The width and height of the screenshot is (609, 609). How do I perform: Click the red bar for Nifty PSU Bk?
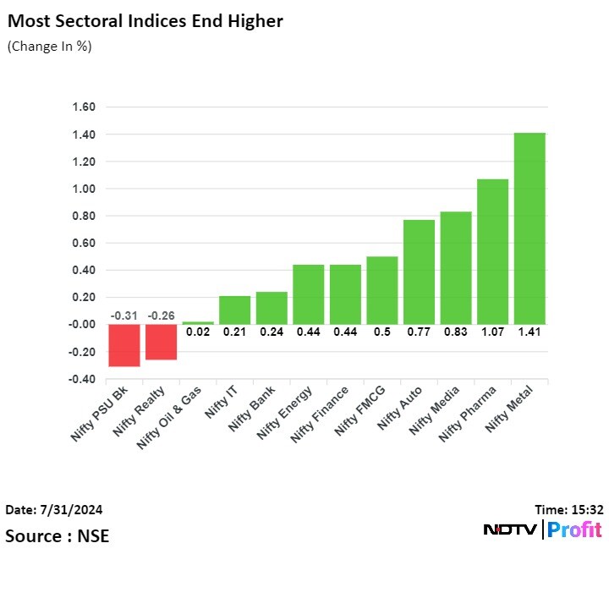[123, 345]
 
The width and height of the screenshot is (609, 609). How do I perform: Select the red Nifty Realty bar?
[161, 342]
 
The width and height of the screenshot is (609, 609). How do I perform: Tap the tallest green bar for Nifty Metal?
[529, 228]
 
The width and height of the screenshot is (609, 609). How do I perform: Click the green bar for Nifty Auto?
[419, 272]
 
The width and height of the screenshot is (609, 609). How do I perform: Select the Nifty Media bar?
[456, 267]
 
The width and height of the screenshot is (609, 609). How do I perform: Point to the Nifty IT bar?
[234, 310]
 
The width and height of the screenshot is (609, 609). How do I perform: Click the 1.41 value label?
[529, 332]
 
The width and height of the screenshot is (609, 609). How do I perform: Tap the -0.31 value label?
[123, 316]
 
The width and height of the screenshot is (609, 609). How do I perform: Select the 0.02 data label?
[197, 332]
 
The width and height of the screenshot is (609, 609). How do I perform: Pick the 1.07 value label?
[492, 332]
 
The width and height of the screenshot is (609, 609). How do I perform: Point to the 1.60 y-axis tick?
[85, 107]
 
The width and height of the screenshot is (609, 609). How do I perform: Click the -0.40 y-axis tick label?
[83, 379]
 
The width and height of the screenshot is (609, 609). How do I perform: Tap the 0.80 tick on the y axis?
[85, 216]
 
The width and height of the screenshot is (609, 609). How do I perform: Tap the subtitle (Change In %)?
[49, 47]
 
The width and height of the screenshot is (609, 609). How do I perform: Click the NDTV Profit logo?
[542, 530]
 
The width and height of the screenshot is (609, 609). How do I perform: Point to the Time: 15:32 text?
[569, 509]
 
